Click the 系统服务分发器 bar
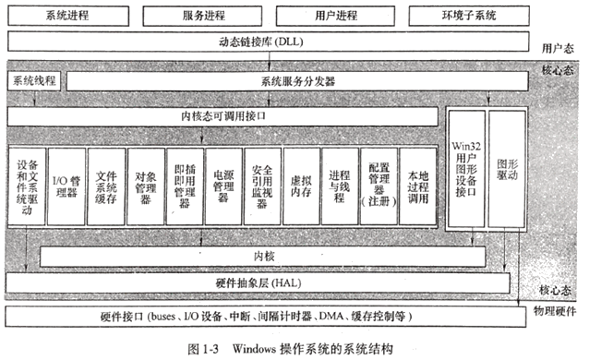297,81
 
